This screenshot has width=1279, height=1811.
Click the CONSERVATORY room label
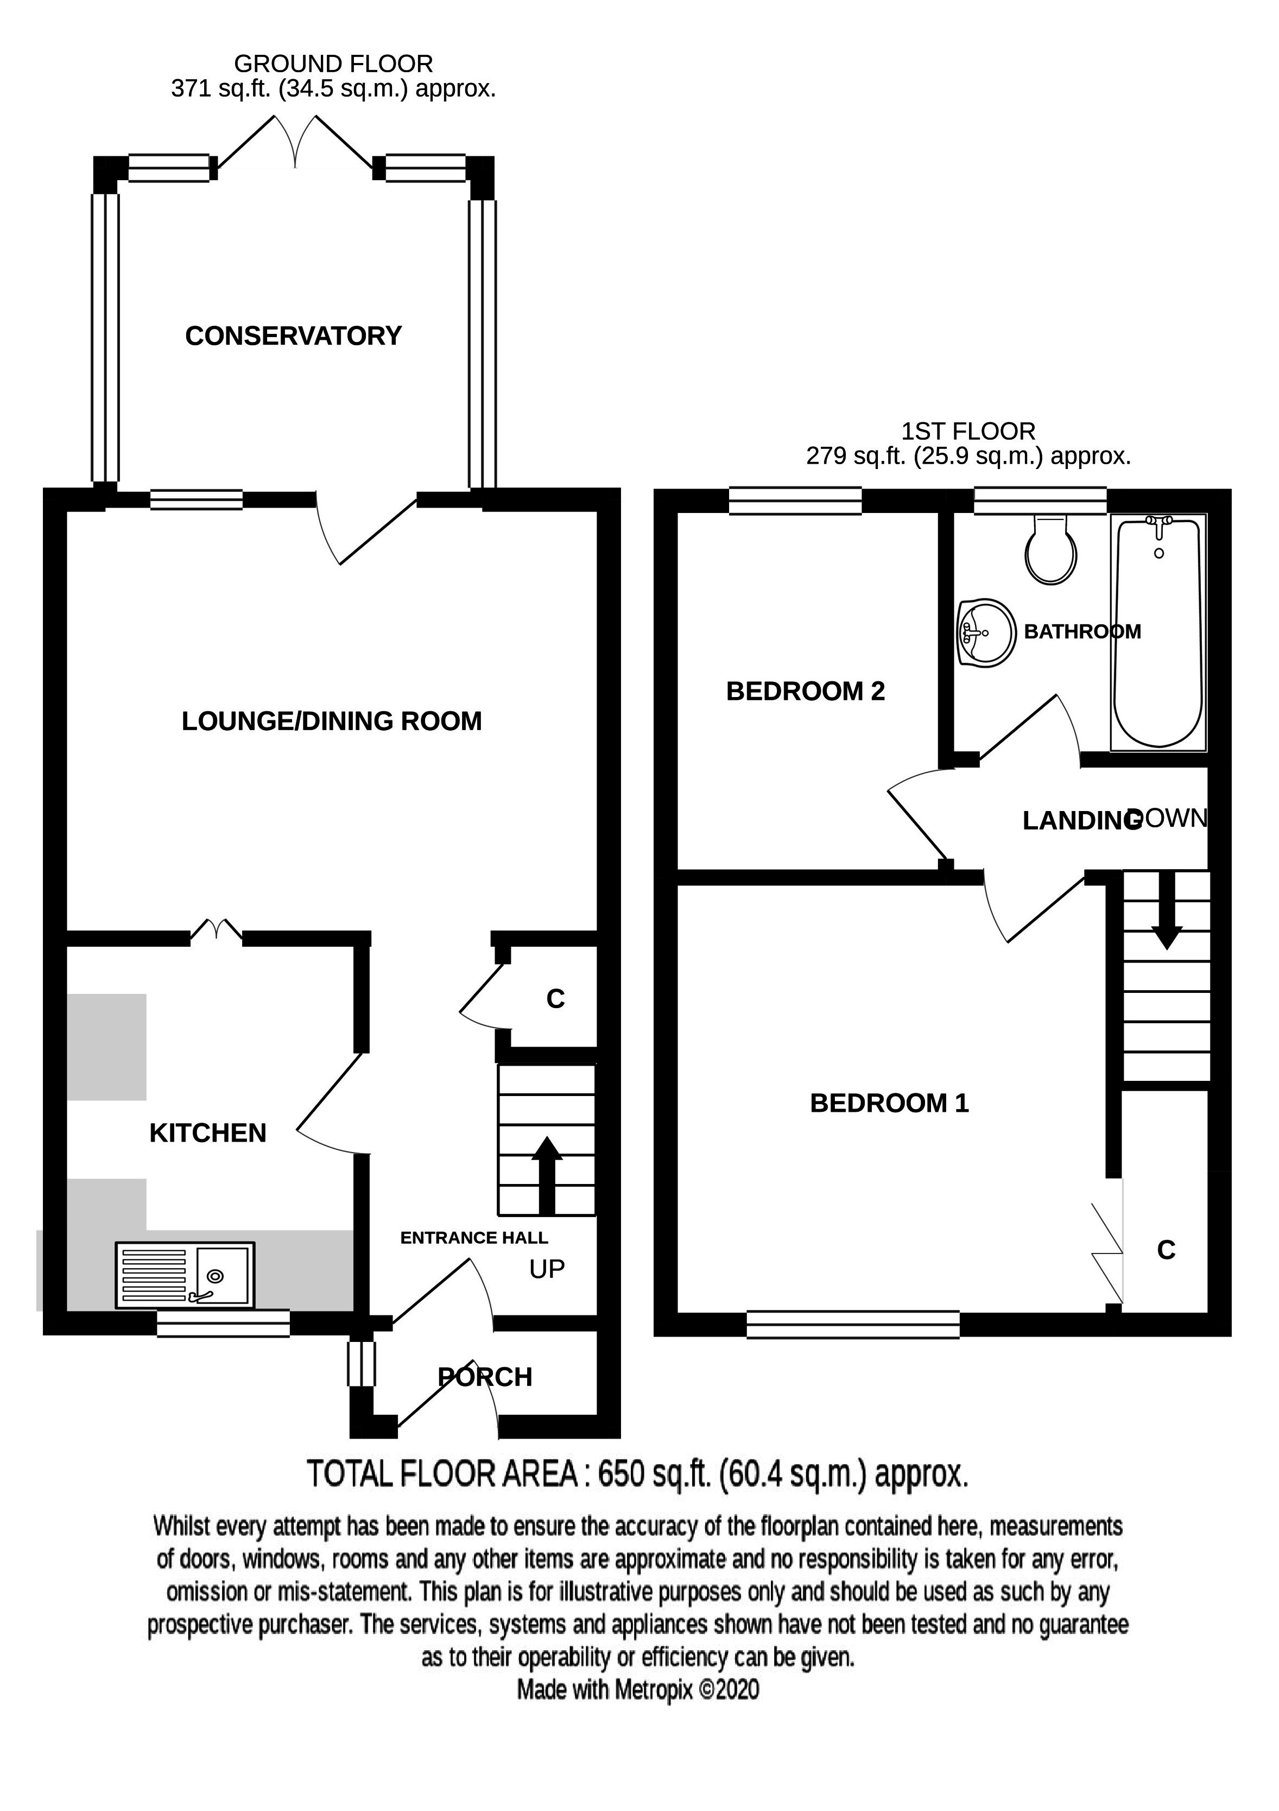pos(293,336)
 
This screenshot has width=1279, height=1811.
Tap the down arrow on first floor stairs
pos(1167,909)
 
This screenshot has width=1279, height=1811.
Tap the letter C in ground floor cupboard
pos(556,999)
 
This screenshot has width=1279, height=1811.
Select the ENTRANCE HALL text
pos(474,1238)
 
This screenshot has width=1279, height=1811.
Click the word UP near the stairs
pos(547,1269)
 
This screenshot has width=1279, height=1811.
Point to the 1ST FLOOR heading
pos(968,432)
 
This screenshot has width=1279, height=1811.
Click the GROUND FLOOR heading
pos(333,64)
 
